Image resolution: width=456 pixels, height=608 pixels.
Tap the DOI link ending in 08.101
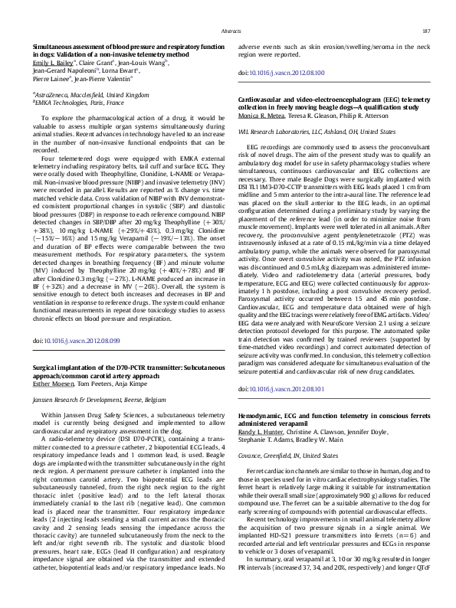coord(285,388)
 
